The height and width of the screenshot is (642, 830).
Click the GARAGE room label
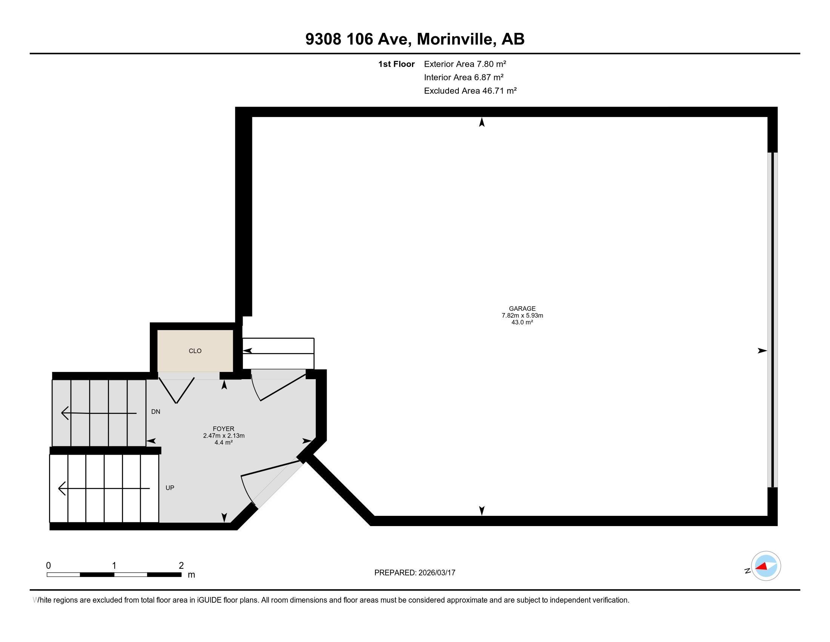pyautogui.click(x=522, y=309)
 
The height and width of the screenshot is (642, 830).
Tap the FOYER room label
pyautogui.click(x=223, y=429)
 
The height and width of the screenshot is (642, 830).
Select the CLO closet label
pyautogui.click(x=195, y=351)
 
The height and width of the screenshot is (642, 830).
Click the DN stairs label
pyautogui.click(x=155, y=412)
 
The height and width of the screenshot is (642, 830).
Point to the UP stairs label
pyautogui.click(x=169, y=488)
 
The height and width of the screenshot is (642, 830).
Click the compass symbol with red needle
pyautogui.click(x=765, y=566)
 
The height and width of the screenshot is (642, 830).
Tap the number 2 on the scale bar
pyautogui.click(x=181, y=566)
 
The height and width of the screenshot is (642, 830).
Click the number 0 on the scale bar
pyautogui.click(x=48, y=566)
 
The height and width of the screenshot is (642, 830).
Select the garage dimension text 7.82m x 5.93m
pyautogui.click(x=522, y=315)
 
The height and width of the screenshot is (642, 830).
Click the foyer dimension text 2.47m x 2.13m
pyautogui.click(x=223, y=436)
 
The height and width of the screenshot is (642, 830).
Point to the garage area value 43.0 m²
pyautogui.click(x=522, y=322)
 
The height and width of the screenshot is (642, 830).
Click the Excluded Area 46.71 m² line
pyautogui.click(x=470, y=91)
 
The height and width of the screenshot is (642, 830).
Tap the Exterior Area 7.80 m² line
pyautogui.click(x=465, y=64)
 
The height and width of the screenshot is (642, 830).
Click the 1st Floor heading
pyautogui.click(x=396, y=64)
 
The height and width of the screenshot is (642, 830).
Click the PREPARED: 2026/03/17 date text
pyautogui.click(x=415, y=573)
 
